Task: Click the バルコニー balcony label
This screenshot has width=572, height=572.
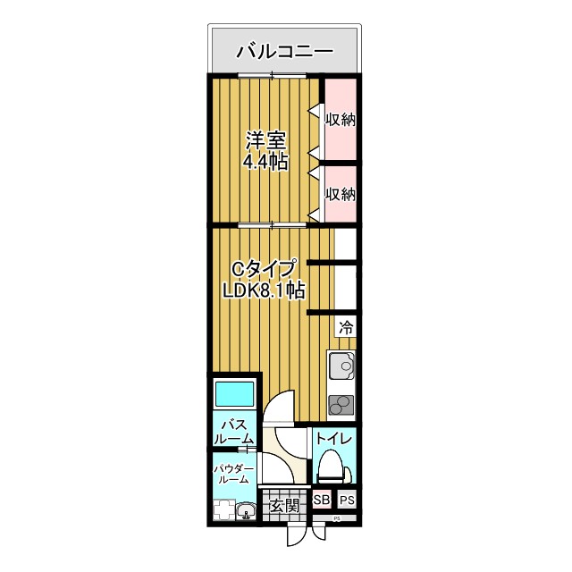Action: pos(284,51)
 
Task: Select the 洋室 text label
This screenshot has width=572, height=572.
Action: pos(265,141)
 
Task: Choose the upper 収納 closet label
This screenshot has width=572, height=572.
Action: pos(341,119)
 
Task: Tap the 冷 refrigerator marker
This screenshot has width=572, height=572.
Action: pos(345,327)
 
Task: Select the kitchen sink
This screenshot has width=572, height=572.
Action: pos(341,366)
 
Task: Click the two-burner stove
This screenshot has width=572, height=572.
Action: pos(341,405)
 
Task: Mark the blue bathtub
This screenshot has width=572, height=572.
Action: pos(233,393)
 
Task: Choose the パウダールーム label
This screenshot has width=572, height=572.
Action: pos(233,475)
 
